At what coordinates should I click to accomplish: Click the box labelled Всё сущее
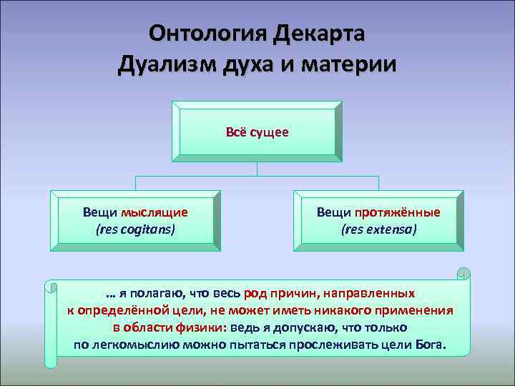click(x=257, y=132)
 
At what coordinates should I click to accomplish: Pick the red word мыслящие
click(x=154, y=212)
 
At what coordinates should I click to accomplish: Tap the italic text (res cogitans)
click(x=135, y=229)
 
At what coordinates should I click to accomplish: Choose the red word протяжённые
click(x=398, y=212)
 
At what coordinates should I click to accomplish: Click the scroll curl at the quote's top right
click(x=463, y=274)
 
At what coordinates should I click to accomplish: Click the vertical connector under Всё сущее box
click(x=257, y=169)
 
